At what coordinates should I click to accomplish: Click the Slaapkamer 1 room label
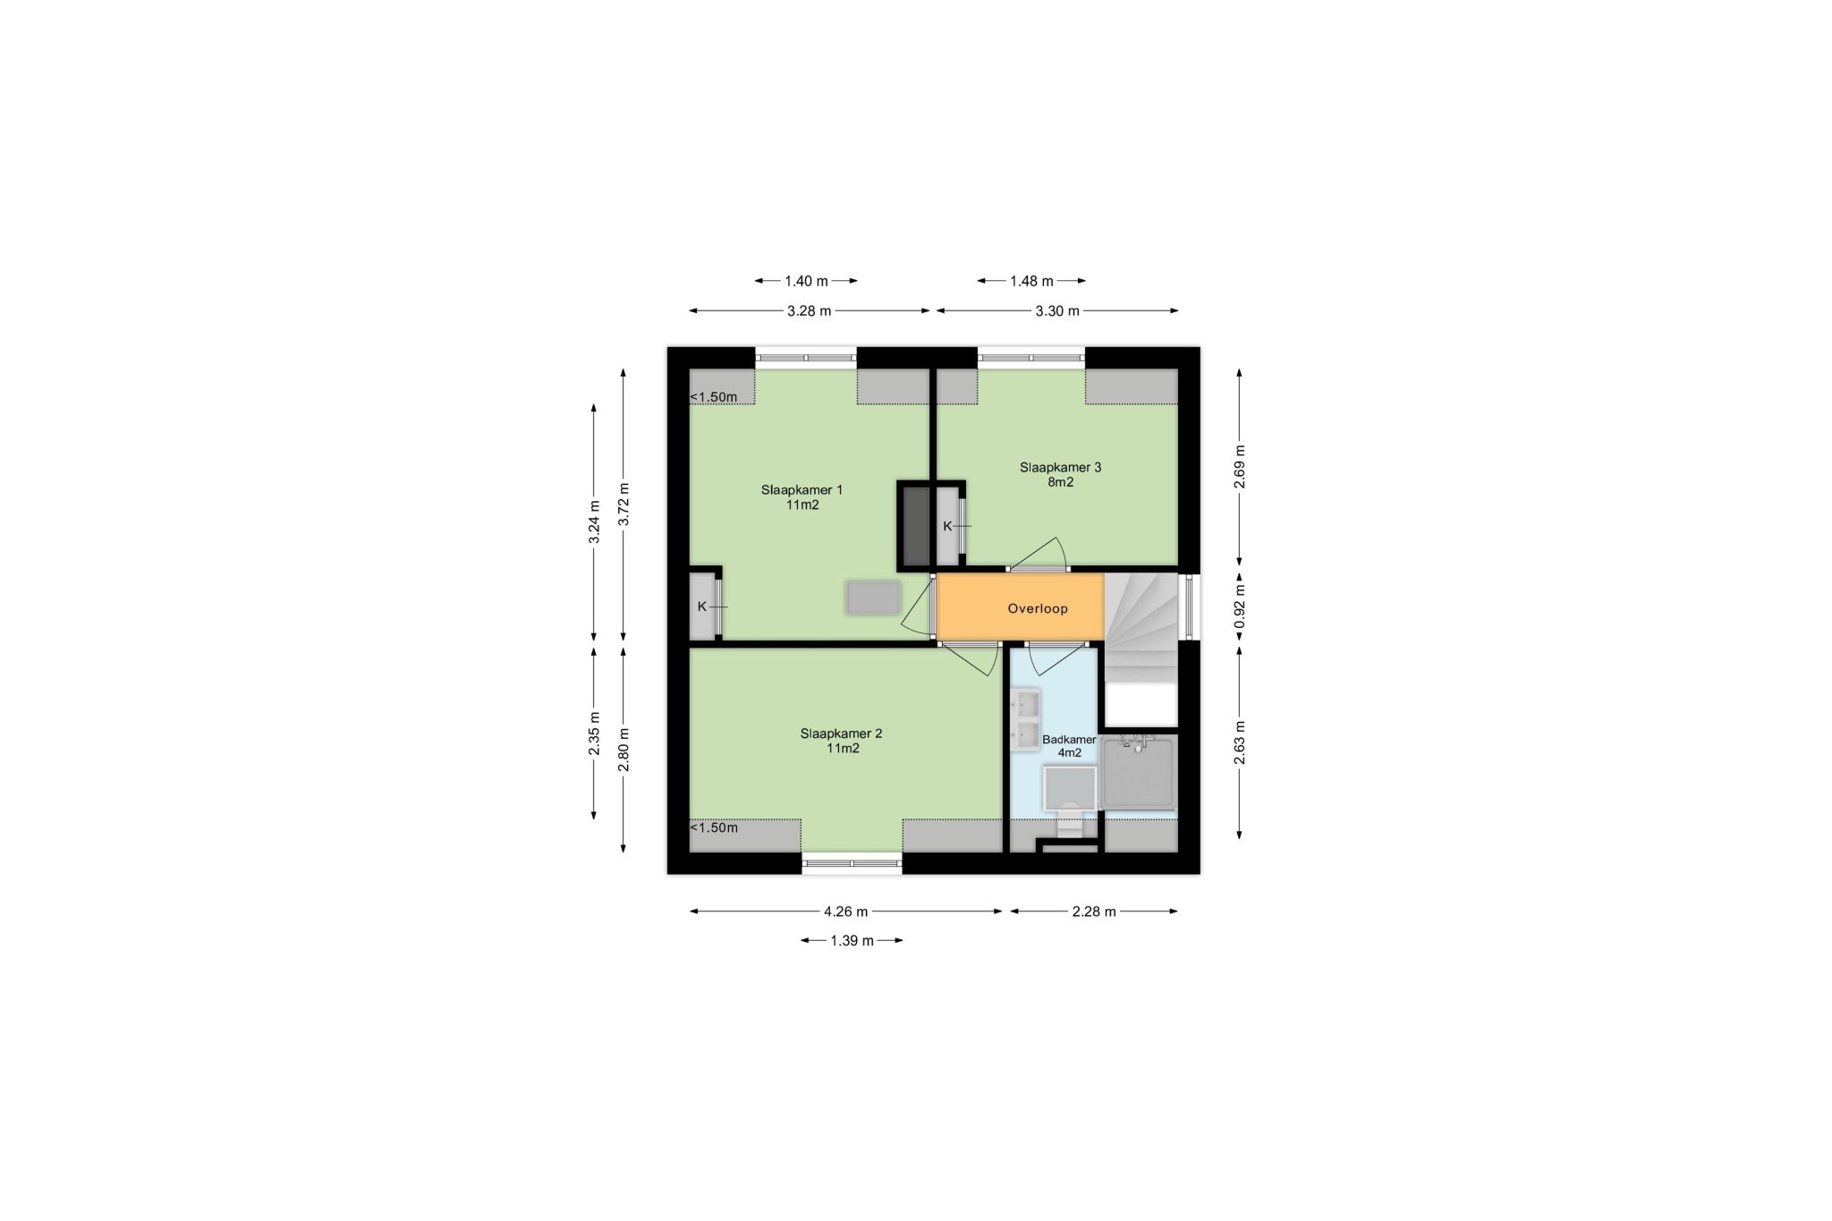[802, 496]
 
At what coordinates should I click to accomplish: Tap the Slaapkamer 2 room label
[842, 741]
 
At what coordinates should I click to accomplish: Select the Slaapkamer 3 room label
[1061, 474]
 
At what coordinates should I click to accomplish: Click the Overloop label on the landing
[1038, 608]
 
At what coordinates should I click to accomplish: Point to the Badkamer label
[1069, 746]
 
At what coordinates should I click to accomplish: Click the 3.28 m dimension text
[810, 311]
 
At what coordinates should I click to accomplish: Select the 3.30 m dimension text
[1057, 311]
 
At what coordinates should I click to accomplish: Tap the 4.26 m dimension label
[846, 912]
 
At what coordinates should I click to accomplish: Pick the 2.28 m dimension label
[1094, 912]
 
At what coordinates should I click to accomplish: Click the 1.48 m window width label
[1031, 281]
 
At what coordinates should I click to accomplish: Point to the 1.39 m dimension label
[852, 940]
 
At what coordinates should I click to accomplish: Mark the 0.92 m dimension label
[1240, 608]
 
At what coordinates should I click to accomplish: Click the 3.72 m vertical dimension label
[624, 506]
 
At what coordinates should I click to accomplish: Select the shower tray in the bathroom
[1138, 772]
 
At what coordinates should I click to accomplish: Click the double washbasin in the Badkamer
[1025, 719]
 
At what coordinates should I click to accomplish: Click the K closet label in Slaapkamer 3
[947, 526]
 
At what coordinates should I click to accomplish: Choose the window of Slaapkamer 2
[852, 863]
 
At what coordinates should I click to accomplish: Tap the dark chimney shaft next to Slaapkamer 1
[915, 526]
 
